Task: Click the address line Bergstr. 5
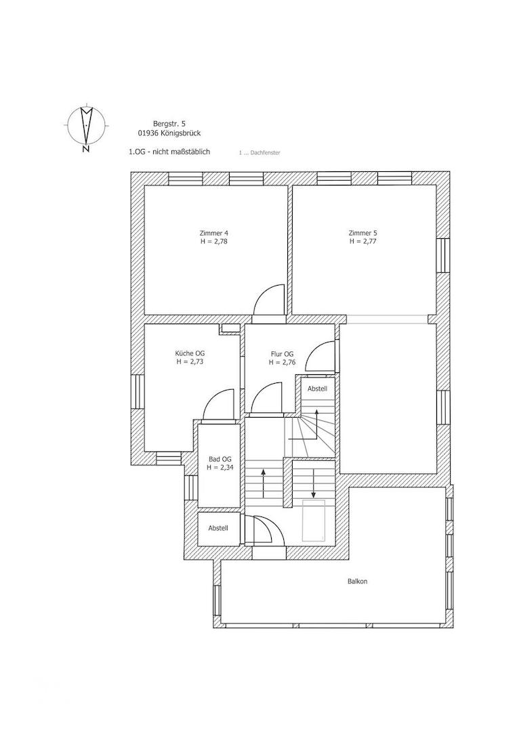pos(169,124)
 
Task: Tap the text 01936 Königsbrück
pos(169,133)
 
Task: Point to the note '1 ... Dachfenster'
pos(260,153)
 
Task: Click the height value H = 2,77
pos(363,241)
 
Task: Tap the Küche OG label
pos(190,353)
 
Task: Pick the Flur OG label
pos(282,354)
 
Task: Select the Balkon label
pos(357,581)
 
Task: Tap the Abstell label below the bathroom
pos(218,528)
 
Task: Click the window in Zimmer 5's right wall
pos(442,255)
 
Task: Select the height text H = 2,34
pos(220,467)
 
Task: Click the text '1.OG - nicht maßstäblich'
pos(169,152)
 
